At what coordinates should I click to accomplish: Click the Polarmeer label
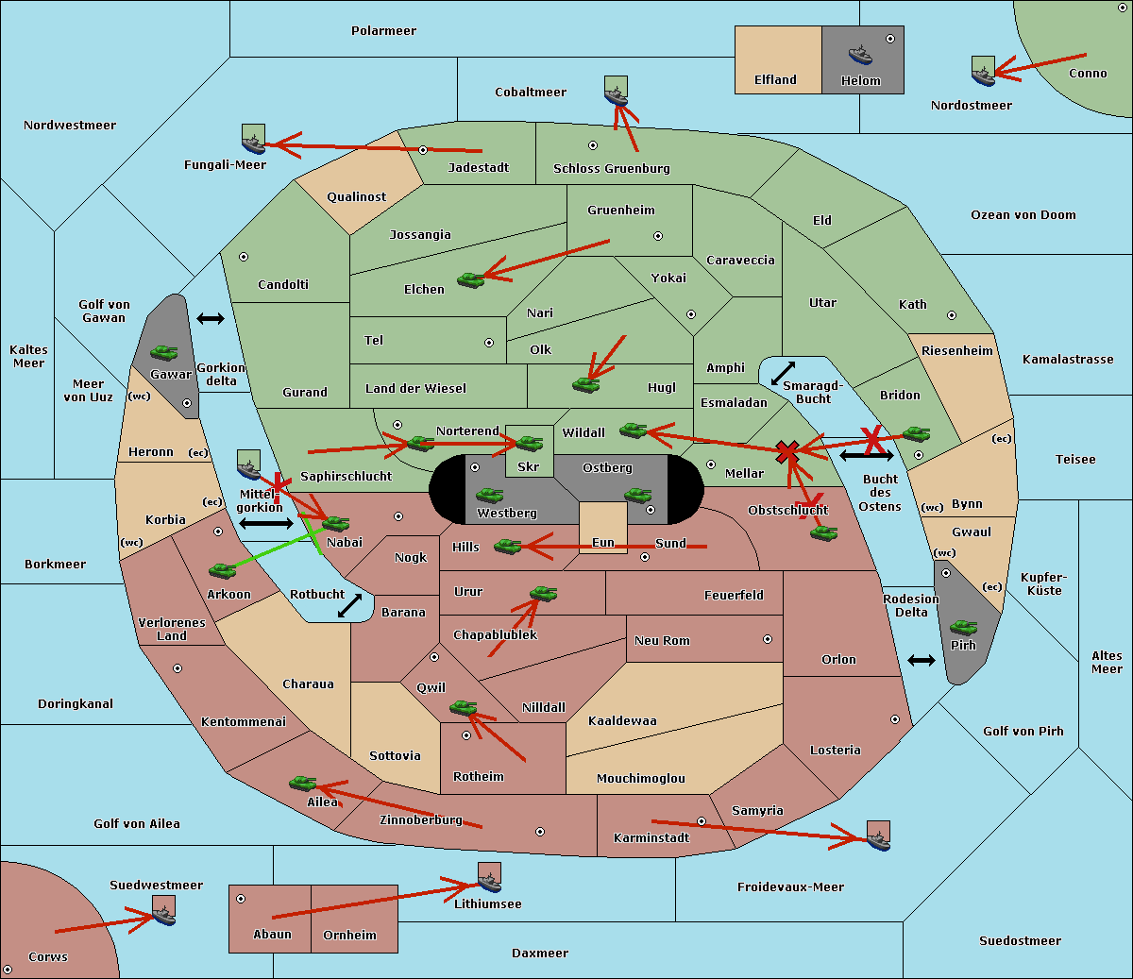coord(383,31)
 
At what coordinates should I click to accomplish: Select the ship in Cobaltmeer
coord(617,96)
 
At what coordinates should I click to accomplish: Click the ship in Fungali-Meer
coord(253,144)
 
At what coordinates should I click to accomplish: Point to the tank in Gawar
coord(164,352)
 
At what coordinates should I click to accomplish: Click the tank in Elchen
coord(471,280)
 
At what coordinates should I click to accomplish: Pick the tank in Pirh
coord(963,627)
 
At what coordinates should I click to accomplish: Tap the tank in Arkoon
coord(223,570)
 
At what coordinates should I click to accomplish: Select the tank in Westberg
coord(489,496)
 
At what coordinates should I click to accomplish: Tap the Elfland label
coord(775,80)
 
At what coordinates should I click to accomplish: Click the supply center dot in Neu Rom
coord(768,639)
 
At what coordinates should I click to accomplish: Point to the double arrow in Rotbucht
coord(349,605)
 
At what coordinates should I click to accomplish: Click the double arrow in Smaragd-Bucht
coord(783,373)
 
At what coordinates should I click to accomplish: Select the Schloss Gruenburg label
coord(612,169)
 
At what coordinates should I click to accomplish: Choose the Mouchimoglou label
coord(641,778)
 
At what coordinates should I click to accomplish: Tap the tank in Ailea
coord(302,784)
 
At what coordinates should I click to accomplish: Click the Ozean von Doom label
coord(1023,215)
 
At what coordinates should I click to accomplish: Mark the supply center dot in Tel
coord(489,343)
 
